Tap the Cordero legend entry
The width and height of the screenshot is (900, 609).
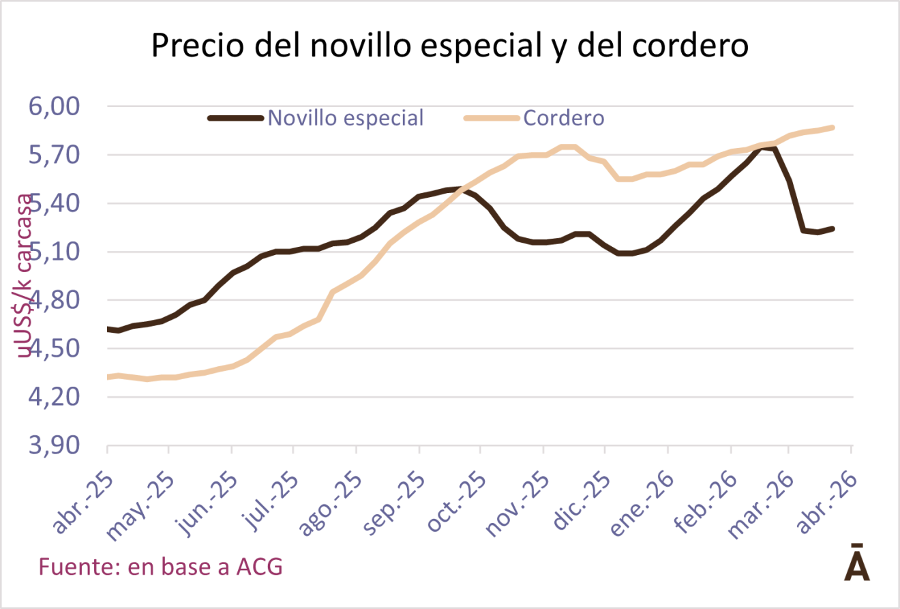(563, 118)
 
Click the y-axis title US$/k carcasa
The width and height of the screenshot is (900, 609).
(26, 276)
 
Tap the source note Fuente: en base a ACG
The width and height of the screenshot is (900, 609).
(161, 566)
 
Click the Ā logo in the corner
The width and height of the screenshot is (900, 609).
(857, 563)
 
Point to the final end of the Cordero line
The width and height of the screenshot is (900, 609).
(832, 128)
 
